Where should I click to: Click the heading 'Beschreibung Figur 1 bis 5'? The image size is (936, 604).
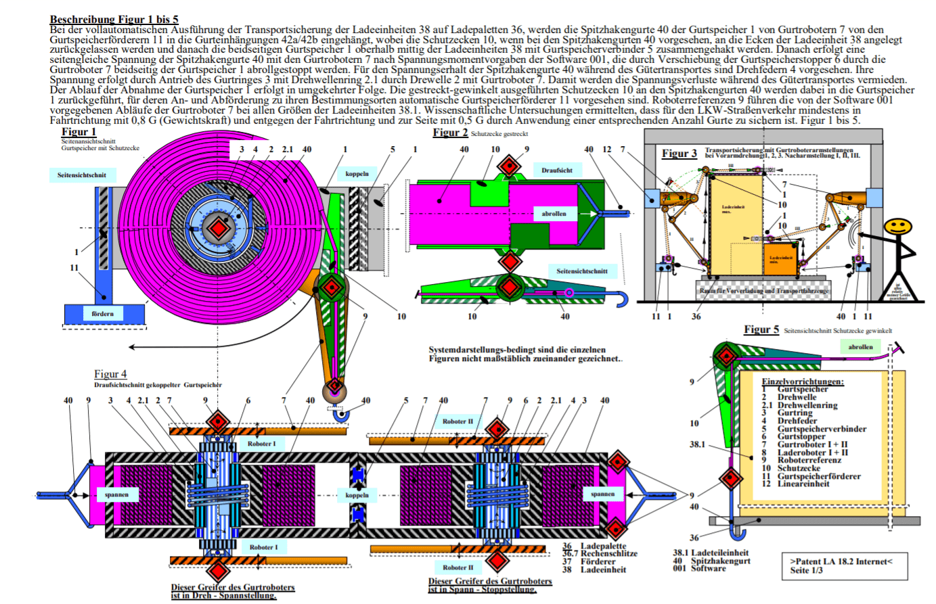(114, 20)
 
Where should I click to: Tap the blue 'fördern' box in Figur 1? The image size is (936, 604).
(103, 314)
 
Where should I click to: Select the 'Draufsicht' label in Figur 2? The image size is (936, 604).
(556, 170)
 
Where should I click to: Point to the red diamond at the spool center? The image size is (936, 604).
(218, 228)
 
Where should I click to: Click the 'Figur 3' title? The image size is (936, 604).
(679, 154)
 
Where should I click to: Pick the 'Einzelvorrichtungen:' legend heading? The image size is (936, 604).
(802, 381)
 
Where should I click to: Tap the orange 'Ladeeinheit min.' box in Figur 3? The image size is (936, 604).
(781, 259)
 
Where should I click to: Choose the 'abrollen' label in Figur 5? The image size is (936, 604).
(860, 347)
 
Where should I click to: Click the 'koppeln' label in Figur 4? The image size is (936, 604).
(357, 494)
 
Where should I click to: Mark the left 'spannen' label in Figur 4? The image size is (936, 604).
(116, 494)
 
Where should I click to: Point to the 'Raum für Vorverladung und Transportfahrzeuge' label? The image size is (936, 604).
(763, 291)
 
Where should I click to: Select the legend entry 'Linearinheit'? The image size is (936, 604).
(803, 484)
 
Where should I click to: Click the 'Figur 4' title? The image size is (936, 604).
(110, 374)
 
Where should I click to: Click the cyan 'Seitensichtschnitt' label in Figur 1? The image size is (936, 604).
(81, 175)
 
